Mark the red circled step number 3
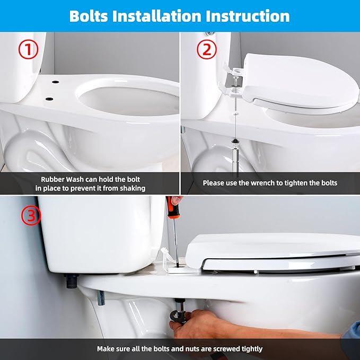tap(30, 215)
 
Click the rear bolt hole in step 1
tap(55, 83)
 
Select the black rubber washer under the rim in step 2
tap(233, 142)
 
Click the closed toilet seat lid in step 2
tap(300, 80)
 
